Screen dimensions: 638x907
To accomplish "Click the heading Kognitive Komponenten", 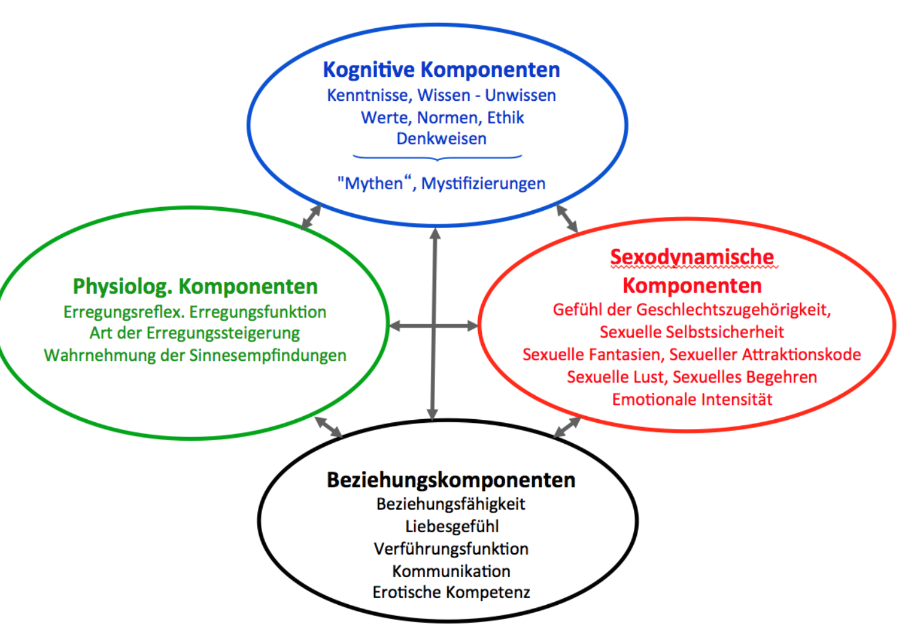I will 441,69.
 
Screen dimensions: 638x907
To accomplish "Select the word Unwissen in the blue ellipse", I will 520,95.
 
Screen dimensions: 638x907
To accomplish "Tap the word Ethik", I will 505,117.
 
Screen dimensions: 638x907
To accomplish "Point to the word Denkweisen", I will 441,138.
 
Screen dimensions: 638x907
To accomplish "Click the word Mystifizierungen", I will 483,183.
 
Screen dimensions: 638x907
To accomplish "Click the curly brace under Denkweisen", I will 438,158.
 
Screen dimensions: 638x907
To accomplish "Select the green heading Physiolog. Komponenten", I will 195,286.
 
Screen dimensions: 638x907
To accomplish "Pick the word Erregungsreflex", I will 124,312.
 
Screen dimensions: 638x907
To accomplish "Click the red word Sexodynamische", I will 692,257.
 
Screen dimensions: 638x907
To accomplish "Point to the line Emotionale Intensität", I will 692,399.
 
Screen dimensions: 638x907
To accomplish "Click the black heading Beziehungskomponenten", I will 450,479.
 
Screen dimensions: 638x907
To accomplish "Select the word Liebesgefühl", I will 452,526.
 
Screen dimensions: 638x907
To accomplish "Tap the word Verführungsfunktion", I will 450,548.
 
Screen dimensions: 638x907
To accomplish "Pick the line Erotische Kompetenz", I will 450,592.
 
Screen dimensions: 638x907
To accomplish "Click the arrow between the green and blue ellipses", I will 311,217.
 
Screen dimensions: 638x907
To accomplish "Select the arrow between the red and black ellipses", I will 567,427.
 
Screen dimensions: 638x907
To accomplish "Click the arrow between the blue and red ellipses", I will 567,218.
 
